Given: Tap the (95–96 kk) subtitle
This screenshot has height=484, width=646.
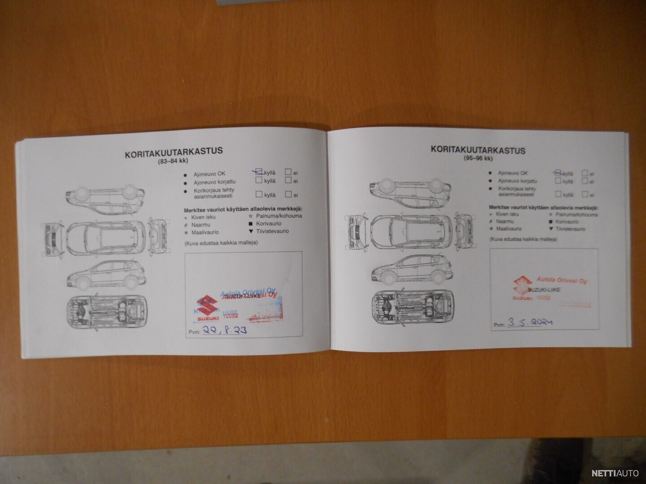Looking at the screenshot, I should point(478,159).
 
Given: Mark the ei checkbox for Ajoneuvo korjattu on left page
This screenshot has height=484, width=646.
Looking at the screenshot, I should point(288,181).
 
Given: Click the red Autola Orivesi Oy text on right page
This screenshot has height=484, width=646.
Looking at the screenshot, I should point(559,281).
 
